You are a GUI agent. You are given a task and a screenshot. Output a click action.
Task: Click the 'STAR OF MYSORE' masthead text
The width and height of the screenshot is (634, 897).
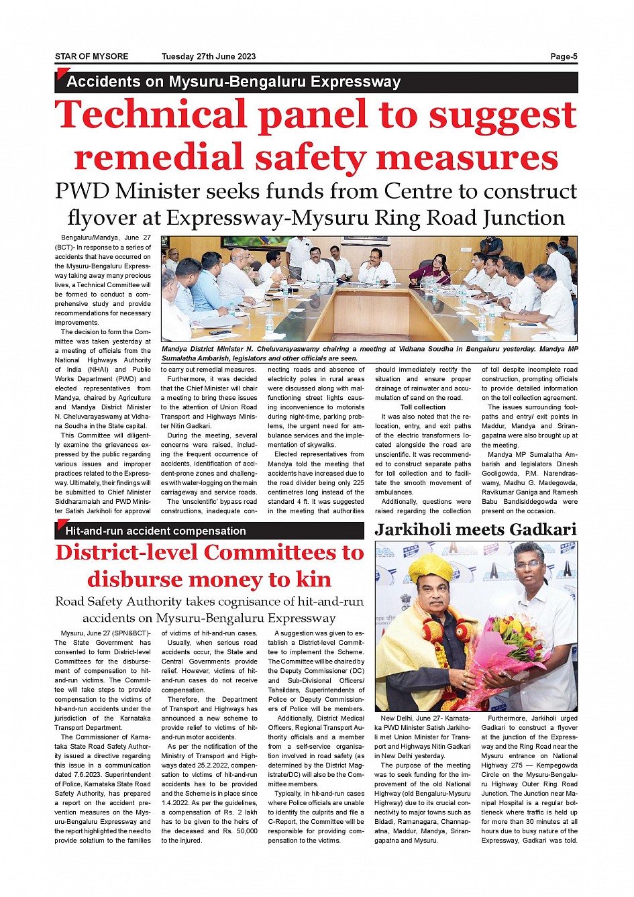pos(91,56)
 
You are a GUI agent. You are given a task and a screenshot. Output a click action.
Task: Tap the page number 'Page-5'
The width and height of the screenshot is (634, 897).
pos(564,56)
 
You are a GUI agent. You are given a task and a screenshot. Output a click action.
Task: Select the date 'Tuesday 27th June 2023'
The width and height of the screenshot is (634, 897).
pos(209,56)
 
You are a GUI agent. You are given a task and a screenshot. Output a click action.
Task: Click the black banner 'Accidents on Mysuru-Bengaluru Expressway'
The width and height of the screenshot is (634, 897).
pos(233,82)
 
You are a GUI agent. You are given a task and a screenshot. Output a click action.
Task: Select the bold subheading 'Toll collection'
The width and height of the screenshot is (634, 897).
pos(423,407)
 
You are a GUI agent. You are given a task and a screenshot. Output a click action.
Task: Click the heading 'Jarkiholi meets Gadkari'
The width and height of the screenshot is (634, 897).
pos(476,529)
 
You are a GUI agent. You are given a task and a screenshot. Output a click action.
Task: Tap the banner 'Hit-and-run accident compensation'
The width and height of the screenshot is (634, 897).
pos(156,531)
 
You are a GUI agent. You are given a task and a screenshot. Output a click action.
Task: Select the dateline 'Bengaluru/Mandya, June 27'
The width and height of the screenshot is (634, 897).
pos(105,238)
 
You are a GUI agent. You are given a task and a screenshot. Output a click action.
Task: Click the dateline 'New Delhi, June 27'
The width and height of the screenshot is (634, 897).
pos(413,718)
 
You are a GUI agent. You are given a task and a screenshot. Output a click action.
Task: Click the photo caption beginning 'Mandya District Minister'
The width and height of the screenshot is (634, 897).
pos(369,353)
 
